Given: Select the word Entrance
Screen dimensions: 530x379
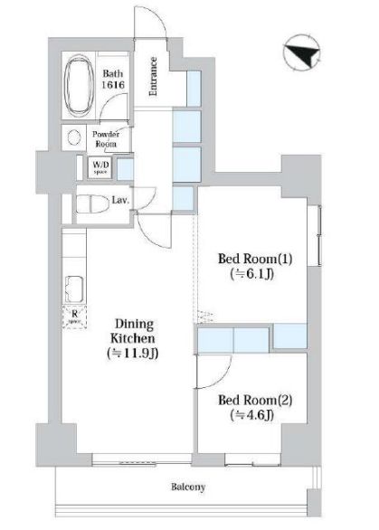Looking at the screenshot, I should pyautogui.click(x=154, y=75).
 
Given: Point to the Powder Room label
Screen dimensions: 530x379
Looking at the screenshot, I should pyautogui.click(x=107, y=138).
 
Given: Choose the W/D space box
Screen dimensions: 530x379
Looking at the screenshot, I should pyautogui.click(x=99, y=167).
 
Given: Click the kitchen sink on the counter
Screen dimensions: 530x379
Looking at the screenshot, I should pyautogui.click(x=73, y=291).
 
